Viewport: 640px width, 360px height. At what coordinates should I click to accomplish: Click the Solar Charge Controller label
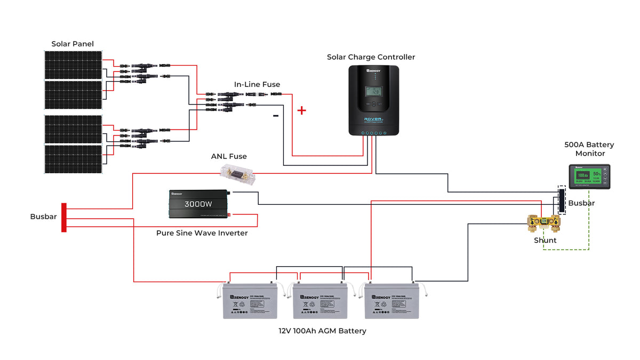click(x=371, y=57)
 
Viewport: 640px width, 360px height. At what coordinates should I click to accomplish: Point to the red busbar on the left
click(x=64, y=217)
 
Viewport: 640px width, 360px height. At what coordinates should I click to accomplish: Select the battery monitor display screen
click(x=589, y=175)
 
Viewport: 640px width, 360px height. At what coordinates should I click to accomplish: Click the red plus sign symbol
click(x=302, y=110)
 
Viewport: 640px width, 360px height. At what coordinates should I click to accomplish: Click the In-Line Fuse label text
click(x=257, y=84)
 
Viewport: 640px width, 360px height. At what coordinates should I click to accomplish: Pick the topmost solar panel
click(x=73, y=65)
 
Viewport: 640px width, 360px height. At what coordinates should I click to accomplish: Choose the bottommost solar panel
click(x=73, y=159)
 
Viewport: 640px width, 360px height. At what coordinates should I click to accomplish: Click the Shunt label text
click(x=545, y=240)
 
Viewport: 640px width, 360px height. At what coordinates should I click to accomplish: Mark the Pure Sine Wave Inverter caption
click(x=202, y=233)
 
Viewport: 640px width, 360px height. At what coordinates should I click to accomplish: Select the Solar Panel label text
click(x=73, y=44)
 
